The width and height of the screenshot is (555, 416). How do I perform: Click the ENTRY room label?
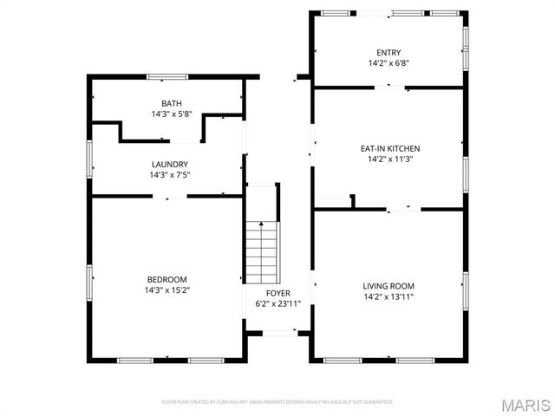(388, 52)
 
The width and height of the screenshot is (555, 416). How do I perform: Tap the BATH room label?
(172, 104)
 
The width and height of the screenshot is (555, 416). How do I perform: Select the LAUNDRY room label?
(170, 164)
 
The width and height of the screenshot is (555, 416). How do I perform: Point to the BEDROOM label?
(167, 278)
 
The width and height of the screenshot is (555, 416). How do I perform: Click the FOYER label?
(278, 293)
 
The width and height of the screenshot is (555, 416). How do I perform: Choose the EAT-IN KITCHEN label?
(388, 148)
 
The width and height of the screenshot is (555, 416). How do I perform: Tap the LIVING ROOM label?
(388, 286)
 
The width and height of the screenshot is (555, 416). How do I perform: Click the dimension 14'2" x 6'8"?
(388, 63)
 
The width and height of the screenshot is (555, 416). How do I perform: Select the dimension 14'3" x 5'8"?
(172, 114)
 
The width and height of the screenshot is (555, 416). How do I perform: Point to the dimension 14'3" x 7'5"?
(170, 175)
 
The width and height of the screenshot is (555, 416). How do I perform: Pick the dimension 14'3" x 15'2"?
(167, 289)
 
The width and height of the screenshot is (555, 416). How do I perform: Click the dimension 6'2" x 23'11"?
(278, 304)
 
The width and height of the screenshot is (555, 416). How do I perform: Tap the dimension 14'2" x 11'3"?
(388, 159)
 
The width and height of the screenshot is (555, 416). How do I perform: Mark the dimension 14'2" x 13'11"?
(388, 297)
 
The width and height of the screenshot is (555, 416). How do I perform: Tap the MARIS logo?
(526, 405)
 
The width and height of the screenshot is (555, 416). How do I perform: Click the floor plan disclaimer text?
(277, 402)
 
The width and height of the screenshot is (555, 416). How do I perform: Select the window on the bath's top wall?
(167, 77)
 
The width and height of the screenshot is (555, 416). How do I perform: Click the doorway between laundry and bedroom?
(170, 197)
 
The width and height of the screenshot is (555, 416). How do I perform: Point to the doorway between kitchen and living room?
(404, 209)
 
